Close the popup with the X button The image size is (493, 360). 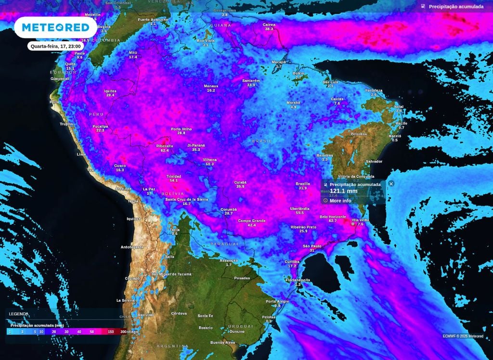391,183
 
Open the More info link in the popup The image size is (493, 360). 340,200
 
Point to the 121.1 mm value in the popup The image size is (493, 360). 343,191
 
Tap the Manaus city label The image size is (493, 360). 211,86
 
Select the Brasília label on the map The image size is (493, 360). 302,183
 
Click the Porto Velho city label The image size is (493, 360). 181,129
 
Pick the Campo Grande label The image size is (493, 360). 252,220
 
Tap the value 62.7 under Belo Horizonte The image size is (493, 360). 333,221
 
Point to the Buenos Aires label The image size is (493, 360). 222,342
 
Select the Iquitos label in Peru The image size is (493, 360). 110,91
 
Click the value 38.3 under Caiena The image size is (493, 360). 269,29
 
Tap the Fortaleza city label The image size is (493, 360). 374,90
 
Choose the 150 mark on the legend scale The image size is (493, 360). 111,332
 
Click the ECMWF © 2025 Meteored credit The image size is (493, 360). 463,336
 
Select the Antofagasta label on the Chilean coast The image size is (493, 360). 132,247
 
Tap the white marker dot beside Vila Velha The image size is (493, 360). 353,224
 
